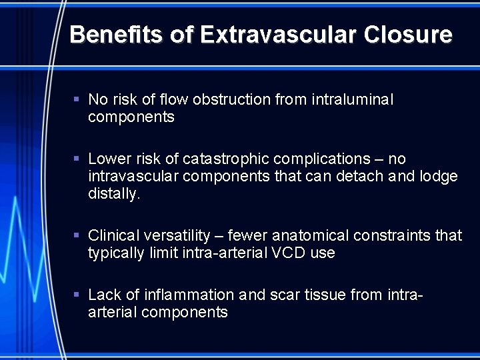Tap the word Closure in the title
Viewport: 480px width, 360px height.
(x=408, y=35)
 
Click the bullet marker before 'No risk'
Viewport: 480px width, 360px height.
(x=77, y=99)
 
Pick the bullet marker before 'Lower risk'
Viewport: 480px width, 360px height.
(x=77, y=159)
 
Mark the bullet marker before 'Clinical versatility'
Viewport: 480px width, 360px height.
(x=77, y=235)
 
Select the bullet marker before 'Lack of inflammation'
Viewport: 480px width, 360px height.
(x=77, y=295)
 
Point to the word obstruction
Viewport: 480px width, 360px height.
(x=231, y=100)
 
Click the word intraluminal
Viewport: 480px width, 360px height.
(x=353, y=100)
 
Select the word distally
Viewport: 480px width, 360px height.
(x=114, y=194)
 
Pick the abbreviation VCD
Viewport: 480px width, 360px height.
(x=288, y=253)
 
